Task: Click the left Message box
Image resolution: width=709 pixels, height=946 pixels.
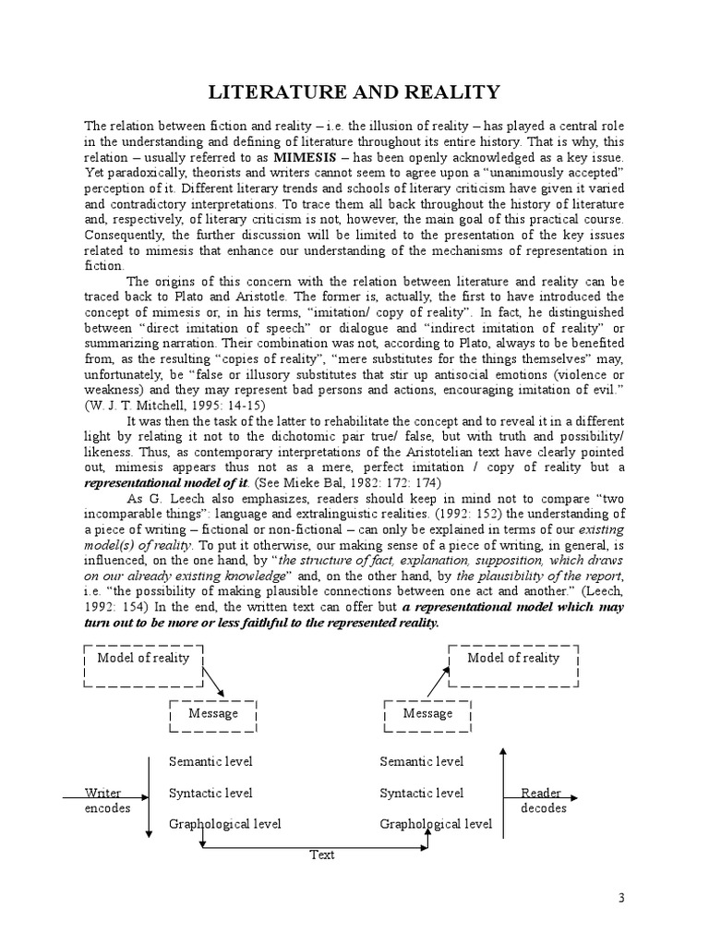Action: [212, 713]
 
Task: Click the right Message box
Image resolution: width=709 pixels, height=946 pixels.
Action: [427, 713]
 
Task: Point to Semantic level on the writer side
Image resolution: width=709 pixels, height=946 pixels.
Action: [210, 762]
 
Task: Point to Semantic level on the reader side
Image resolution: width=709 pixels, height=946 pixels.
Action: [422, 762]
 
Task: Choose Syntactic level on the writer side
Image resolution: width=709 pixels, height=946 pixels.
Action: [210, 793]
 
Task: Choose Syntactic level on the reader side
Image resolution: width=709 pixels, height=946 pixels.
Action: [422, 793]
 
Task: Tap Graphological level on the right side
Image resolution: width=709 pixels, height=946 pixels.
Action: [436, 823]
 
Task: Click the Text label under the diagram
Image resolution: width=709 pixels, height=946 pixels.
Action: [321, 855]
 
